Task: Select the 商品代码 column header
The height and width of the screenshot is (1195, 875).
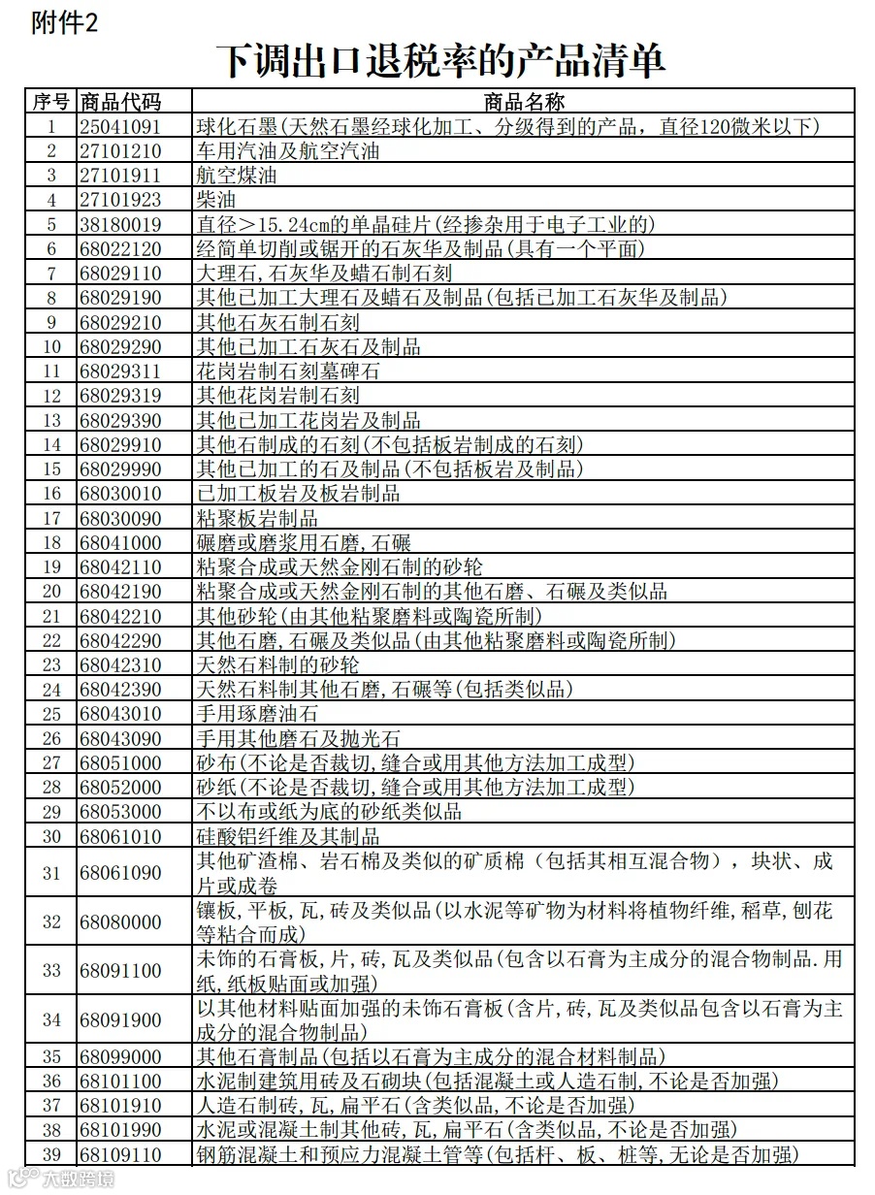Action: point(121,101)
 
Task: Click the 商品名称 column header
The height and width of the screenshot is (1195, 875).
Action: point(523,101)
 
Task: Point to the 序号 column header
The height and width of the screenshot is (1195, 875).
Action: point(50,101)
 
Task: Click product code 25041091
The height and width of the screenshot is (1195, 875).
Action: point(120,126)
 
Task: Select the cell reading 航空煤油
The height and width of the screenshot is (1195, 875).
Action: point(237,176)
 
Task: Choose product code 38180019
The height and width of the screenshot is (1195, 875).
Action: point(120,224)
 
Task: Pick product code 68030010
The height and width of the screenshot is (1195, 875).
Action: point(120,494)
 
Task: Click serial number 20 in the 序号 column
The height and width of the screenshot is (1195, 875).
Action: point(51,592)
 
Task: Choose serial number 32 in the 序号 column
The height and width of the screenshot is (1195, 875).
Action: point(51,921)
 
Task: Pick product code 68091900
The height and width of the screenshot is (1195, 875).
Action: point(120,1019)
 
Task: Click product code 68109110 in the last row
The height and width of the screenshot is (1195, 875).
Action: point(120,1154)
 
